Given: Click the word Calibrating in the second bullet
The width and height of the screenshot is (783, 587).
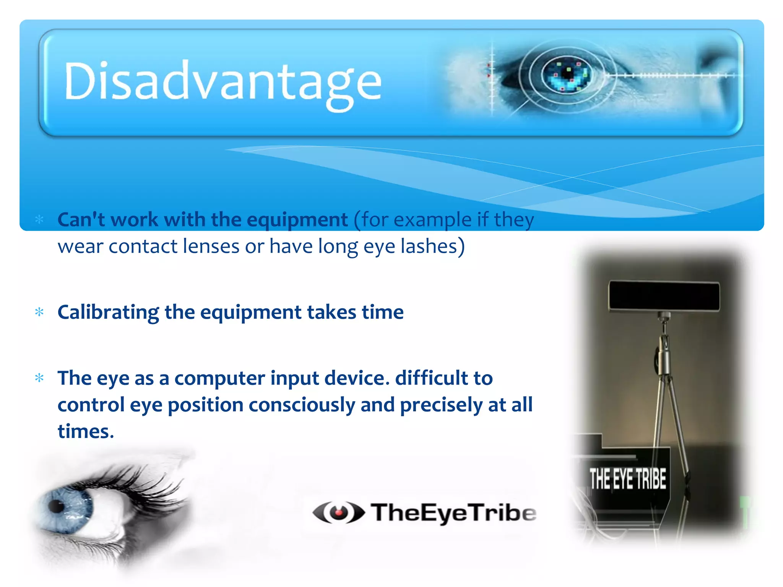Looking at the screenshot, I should coord(108,312).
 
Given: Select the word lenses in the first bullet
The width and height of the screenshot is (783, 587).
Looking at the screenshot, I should coord(211,246).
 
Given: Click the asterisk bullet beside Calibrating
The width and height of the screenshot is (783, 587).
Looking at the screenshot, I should coord(39,312).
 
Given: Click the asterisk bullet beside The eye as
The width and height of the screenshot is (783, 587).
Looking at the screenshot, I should coord(39,378).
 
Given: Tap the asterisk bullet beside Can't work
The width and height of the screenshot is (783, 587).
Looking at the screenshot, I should coord(39,219).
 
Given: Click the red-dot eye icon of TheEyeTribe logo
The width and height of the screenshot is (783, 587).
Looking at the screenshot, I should coord(338,512).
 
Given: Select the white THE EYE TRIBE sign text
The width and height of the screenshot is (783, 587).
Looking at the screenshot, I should coord(627,478).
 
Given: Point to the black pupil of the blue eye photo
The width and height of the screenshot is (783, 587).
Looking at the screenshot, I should coord(56,506).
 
